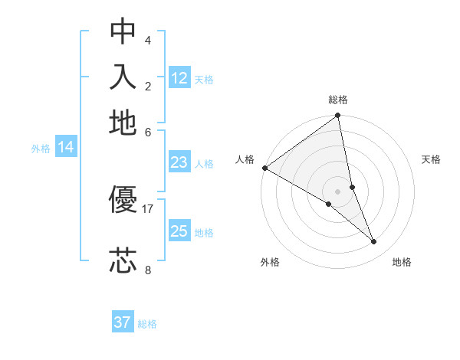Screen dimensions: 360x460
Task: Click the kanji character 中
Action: pyautogui.click(x=123, y=31)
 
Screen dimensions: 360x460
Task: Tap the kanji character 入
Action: pyautogui.click(x=123, y=77)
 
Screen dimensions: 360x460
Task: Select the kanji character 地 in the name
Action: pyautogui.click(x=123, y=123)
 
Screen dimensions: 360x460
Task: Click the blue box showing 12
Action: pyautogui.click(x=179, y=78)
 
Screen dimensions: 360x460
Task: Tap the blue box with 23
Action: pyautogui.click(x=179, y=162)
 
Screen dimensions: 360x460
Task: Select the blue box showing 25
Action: pyautogui.click(x=179, y=231)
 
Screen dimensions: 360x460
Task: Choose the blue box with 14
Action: pyautogui.click(x=66, y=148)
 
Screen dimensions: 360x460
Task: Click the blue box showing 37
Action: pyautogui.click(x=123, y=322)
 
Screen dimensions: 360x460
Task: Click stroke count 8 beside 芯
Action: pyautogui.click(x=148, y=269)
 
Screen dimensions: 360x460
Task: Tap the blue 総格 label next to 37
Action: pyautogui.click(x=147, y=324)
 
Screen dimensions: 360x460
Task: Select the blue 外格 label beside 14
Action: pyautogui.click(x=40, y=149)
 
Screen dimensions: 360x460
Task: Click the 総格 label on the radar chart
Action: pyautogui.click(x=338, y=100)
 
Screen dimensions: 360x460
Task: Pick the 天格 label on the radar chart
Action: pyautogui.click(x=431, y=159)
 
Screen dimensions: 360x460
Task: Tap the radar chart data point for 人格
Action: pyautogui.click(x=264, y=168)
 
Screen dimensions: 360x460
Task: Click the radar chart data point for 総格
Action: pyautogui.click(x=338, y=116)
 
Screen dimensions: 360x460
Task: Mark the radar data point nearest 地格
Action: pyautogui.click(x=374, y=241)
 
